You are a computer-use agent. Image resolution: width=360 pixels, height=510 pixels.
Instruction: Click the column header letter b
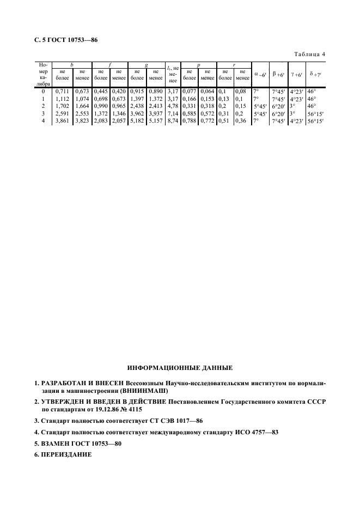(72, 65)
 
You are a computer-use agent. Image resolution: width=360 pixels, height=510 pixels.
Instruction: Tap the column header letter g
(146, 65)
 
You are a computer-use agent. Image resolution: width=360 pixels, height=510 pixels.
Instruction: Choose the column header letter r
(234, 65)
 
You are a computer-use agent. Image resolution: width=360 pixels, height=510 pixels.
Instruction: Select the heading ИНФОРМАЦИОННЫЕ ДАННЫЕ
(180, 368)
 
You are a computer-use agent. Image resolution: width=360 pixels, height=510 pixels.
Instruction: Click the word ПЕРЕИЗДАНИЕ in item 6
(66, 455)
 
